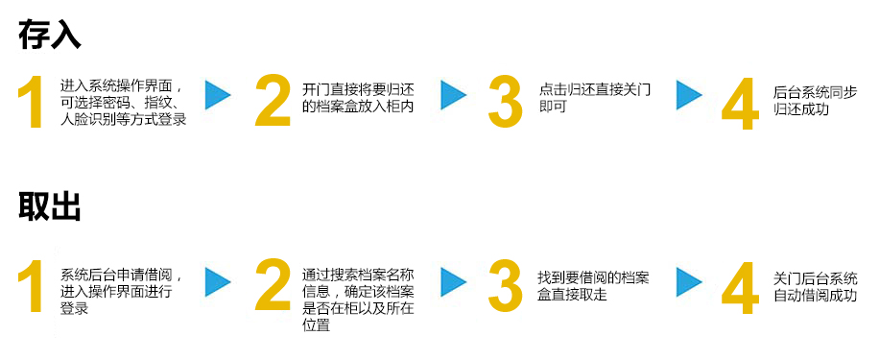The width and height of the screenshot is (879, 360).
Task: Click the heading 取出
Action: click(x=50, y=206)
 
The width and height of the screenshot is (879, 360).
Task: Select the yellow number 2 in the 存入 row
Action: click(x=273, y=102)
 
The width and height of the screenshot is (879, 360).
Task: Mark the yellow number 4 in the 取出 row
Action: click(x=739, y=287)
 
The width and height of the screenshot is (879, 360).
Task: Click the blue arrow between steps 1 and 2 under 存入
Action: click(x=219, y=95)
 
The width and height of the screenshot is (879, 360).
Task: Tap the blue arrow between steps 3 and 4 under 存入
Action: click(x=689, y=95)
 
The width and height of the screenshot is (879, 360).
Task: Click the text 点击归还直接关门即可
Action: click(x=595, y=98)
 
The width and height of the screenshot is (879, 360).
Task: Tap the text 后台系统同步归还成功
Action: click(x=815, y=101)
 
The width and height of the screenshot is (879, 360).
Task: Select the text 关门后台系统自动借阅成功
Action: click(x=815, y=286)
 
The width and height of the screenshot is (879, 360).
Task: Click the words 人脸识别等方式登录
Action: click(x=123, y=120)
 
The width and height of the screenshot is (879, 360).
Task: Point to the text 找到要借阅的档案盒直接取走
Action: click(x=593, y=286)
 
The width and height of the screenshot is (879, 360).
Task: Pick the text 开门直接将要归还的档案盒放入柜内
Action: click(x=358, y=98)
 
